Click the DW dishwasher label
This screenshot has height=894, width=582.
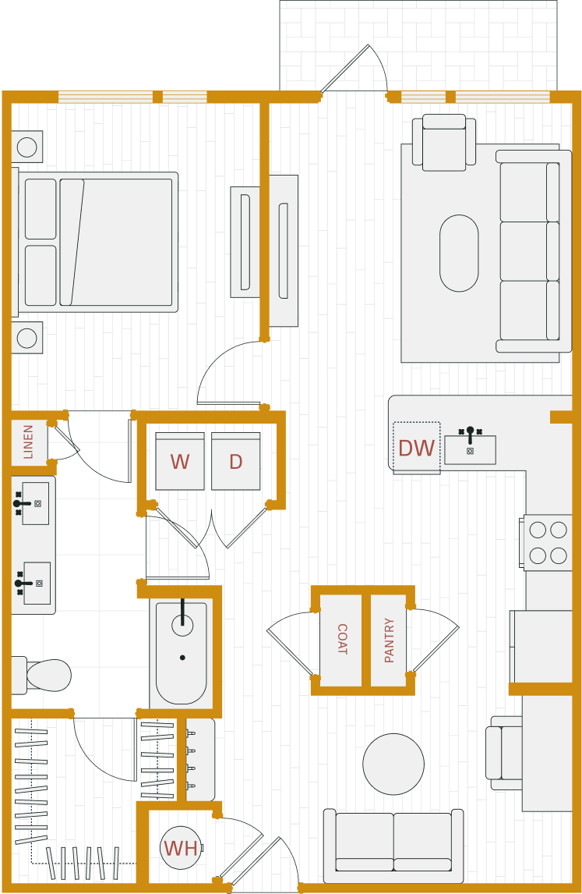(416, 449)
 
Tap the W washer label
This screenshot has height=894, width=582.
(180, 462)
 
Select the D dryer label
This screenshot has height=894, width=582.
(235, 462)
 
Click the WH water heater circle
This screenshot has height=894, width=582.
(181, 848)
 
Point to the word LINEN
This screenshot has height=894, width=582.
(29, 442)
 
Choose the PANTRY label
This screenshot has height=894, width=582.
(390, 640)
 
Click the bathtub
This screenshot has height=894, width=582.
(182, 652)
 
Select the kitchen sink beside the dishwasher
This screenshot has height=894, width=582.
(470, 449)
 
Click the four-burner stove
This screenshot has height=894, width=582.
(548, 542)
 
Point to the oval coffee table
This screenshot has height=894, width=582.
(459, 253)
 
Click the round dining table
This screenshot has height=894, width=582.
(393, 765)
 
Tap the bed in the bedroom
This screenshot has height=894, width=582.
(97, 243)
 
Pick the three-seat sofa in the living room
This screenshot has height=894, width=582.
(534, 251)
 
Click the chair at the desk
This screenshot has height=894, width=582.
(504, 753)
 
